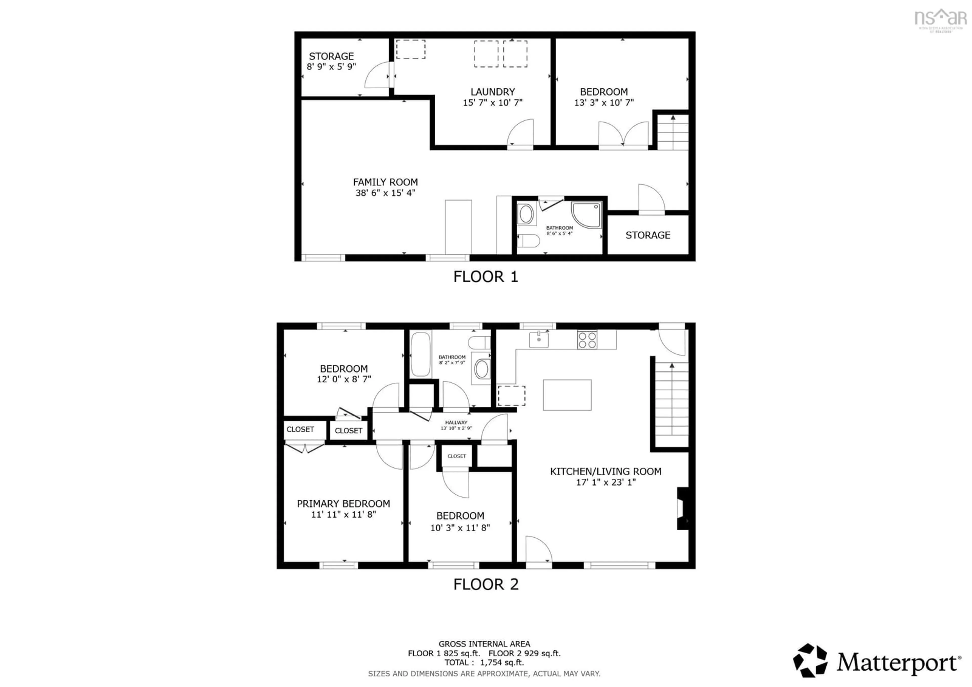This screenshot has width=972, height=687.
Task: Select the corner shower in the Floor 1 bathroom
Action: [586, 215]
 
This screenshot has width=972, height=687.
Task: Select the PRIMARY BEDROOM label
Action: [343, 504]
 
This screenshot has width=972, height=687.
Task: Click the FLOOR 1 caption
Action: [485, 277]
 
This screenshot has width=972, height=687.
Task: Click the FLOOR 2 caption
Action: [485, 584]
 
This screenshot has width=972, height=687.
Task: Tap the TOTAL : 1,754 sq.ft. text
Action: [484, 662]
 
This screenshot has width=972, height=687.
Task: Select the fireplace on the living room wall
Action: [682, 508]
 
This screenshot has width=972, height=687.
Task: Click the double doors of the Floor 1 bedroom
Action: [623, 135]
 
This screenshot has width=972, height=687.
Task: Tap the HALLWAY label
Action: [456, 422]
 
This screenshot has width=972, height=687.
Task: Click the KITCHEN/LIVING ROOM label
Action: [605, 472]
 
